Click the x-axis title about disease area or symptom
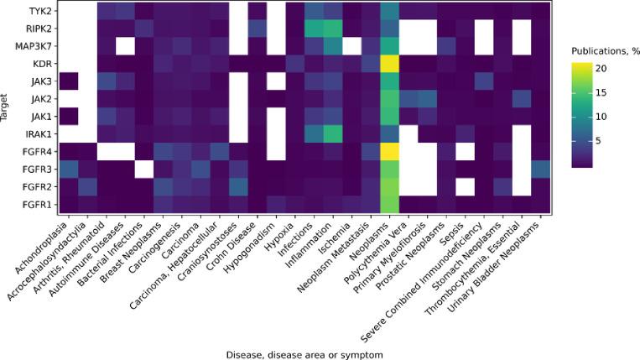[304, 354]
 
